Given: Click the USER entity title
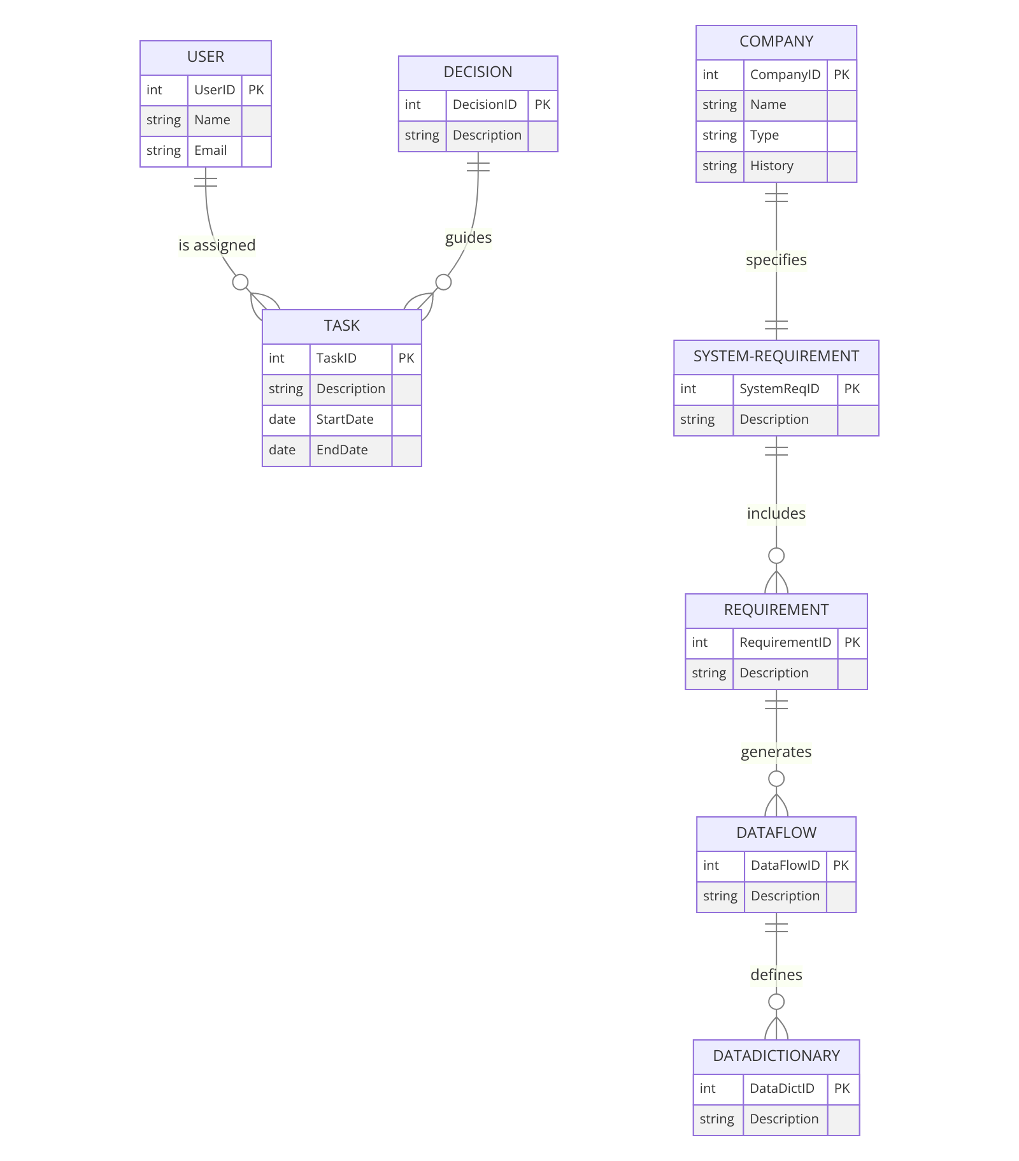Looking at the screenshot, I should [205, 57].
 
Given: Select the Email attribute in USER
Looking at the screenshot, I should [211, 150].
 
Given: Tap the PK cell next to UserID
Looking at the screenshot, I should [256, 90].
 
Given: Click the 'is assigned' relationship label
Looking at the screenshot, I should [217, 245].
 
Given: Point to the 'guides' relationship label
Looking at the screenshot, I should [468, 238].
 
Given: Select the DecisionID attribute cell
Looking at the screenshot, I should [485, 105].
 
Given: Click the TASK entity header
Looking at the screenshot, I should [341, 326].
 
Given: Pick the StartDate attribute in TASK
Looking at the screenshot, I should [345, 419].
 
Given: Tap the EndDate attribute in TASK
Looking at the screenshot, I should [342, 450].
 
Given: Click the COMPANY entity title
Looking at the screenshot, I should [776, 41].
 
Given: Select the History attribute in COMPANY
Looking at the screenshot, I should [771, 166].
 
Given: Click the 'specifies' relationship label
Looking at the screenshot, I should [776, 260].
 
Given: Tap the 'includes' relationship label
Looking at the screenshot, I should [776, 514].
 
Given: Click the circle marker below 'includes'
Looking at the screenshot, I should [776, 556].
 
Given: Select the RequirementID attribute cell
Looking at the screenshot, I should [785, 642].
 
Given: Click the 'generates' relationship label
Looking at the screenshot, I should [776, 752].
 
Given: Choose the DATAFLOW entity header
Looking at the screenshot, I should [776, 833].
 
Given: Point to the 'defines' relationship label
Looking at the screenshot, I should [776, 975].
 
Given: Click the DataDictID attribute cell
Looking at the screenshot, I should [781, 1088].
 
